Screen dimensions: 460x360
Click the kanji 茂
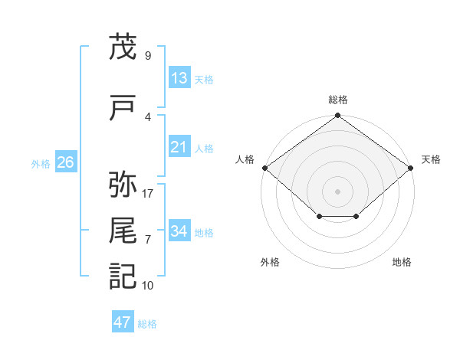[123, 46]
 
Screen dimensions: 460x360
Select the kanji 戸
[123, 107]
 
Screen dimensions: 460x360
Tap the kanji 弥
[123, 184]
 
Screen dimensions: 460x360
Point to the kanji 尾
[123, 230]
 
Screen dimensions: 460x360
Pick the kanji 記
[123, 277]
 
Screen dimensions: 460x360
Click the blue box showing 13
[179, 77]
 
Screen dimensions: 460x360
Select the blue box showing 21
[179, 146]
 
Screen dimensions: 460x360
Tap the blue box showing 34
[179, 230]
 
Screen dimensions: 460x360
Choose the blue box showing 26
[66, 162]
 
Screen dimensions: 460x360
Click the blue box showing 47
[123, 321]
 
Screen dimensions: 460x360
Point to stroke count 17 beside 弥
[147, 194]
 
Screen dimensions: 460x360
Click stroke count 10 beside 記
[147, 286]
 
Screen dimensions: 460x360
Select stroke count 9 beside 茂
[148, 55]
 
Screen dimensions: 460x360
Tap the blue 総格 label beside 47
[147, 324]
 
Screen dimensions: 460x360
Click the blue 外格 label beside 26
[41, 164]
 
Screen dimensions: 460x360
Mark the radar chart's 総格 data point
[337, 115]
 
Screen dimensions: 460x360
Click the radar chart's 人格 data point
[265, 168]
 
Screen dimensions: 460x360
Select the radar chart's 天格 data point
[410, 168]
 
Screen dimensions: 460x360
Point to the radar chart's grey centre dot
[337, 191]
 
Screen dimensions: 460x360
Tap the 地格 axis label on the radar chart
[402, 262]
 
